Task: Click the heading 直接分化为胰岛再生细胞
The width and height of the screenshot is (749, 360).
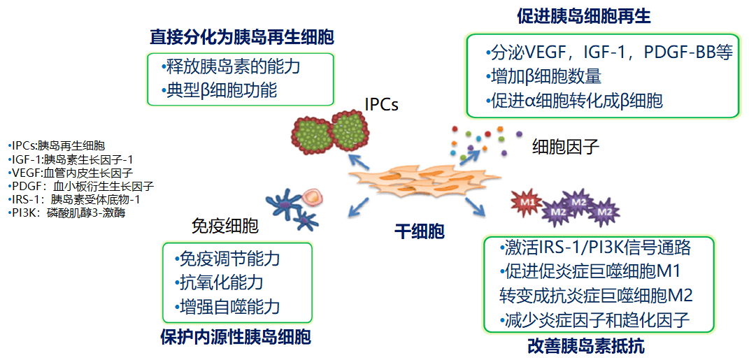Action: [x=242, y=36]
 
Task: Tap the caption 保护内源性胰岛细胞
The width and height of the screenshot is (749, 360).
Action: [x=236, y=336]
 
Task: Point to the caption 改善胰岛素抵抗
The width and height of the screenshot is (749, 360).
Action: [x=586, y=345]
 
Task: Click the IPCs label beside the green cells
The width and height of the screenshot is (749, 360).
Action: [x=381, y=104]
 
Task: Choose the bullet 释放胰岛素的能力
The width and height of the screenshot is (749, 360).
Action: [x=230, y=67]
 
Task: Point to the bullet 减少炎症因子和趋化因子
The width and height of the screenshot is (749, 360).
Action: [x=595, y=320]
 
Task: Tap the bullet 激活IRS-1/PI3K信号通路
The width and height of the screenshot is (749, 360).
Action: [x=597, y=247]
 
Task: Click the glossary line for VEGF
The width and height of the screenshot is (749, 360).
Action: [x=70, y=172]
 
